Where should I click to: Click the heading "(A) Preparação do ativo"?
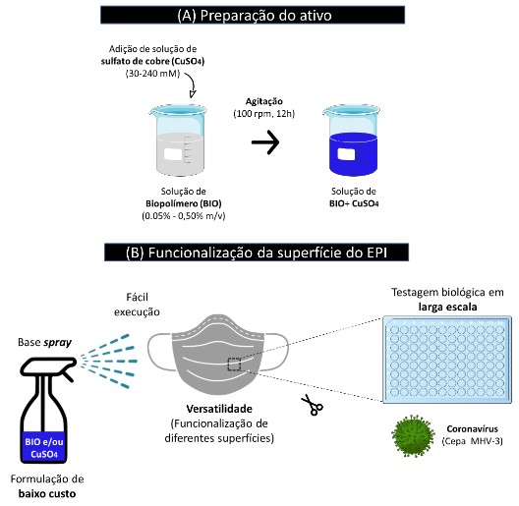[255, 16]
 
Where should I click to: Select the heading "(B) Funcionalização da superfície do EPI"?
[257, 253]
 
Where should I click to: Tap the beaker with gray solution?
[178, 141]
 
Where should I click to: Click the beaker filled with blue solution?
[352, 141]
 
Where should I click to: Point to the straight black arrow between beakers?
[265, 142]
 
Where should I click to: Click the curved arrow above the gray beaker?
[191, 85]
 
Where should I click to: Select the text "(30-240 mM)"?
[152, 73]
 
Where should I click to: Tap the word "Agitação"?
[263, 101]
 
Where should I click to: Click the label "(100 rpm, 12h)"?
[263, 114]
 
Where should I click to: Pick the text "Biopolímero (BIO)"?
[184, 203]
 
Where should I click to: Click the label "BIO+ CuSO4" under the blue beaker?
[354, 203]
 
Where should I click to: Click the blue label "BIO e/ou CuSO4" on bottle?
[44, 448]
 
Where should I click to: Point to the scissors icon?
[312, 405]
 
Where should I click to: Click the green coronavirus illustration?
[413, 435]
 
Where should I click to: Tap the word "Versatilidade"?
[219, 409]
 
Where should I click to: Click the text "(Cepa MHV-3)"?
[473, 441]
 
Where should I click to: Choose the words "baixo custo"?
[47, 494]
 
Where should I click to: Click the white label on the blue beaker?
[346, 154]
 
